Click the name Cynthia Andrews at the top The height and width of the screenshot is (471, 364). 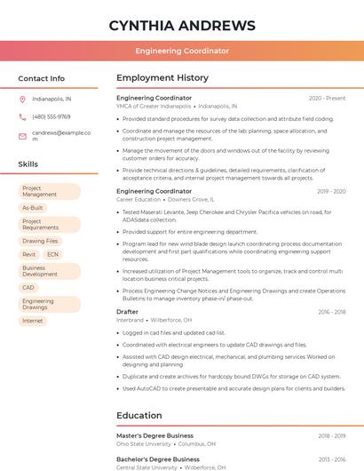click(x=182, y=26)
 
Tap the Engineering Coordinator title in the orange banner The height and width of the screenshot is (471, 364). click(x=182, y=52)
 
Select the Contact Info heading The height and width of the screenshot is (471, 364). click(x=42, y=78)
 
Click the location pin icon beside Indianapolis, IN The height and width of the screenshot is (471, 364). click(x=22, y=100)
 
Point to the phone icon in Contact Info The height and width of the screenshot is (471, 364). click(x=22, y=116)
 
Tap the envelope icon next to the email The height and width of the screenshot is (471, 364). click(x=22, y=136)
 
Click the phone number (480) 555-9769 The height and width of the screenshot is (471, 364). click(x=51, y=116)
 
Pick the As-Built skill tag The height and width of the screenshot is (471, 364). click(x=33, y=208)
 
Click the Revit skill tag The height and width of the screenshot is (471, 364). click(x=29, y=254)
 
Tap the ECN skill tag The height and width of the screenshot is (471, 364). click(x=52, y=254)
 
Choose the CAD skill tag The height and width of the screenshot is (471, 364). click(x=28, y=288)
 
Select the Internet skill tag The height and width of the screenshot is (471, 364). click(x=33, y=321)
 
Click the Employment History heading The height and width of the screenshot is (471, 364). click(x=162, y=78)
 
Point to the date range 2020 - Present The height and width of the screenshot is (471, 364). click(x=327, y=98)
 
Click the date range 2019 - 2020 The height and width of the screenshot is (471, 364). click(x=331, y=191)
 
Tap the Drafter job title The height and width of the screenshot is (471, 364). click(x=128, y=312)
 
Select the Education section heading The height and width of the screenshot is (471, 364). click(x=139, y=415)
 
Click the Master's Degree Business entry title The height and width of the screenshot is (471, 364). click(x=154, y=435)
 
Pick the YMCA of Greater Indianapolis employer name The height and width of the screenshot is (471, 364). click(x=154, y=106)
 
